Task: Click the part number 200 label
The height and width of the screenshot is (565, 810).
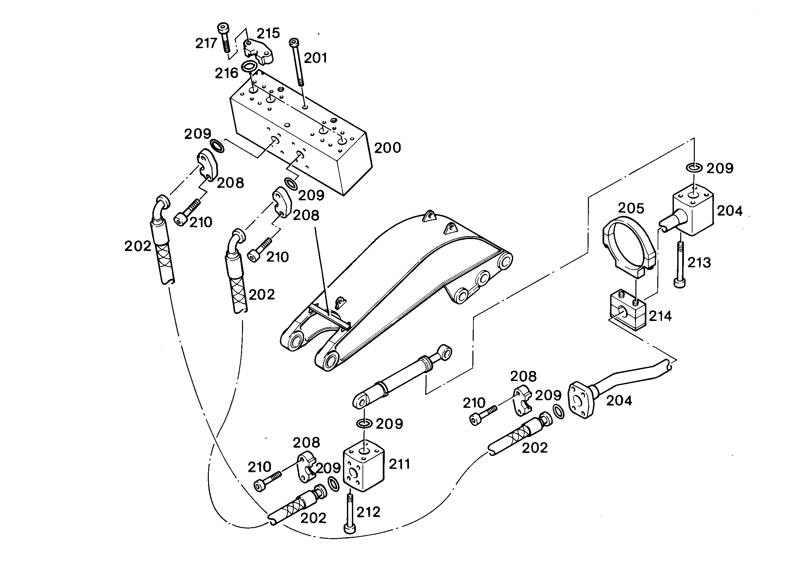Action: pos(387,148)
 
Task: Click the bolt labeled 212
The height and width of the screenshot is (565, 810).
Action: pos(350,513)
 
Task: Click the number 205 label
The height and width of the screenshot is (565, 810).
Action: pos(631,208)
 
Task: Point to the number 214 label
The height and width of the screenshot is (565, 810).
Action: pos(660,316)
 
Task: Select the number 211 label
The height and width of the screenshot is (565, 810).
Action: pos(399,465)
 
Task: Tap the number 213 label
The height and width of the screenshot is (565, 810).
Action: pos(699,263)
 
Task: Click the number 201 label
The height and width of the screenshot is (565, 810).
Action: pos(315,58)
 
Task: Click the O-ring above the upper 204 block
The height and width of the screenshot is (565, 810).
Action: pos(694,167)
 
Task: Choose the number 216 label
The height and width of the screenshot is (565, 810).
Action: pos(226,73)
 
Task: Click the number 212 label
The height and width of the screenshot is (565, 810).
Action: pos(368,512)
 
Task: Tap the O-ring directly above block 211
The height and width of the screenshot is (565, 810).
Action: pos(364,423)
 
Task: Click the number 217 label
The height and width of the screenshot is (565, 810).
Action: pos(206,43)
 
